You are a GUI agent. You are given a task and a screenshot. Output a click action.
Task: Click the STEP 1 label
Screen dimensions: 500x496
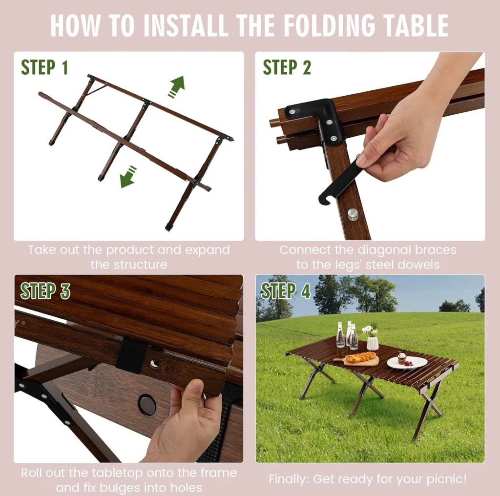tap(44, 67)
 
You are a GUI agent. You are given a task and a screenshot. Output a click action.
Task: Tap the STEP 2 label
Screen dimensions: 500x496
tap(287, 67)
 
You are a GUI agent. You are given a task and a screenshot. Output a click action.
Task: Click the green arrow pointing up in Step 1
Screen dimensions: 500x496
tap(177, 86)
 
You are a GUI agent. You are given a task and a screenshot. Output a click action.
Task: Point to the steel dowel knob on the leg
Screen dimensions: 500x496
tap(353, 214)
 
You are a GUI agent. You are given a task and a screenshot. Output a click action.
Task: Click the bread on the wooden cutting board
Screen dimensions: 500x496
tap(361, 358)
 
